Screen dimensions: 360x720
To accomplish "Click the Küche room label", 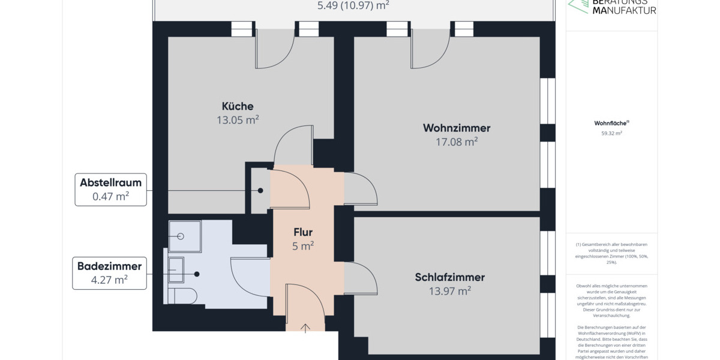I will pyautogui.click(x=238, y=106).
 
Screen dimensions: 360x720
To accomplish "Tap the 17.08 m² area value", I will pyautogui.click(x=457, y=142).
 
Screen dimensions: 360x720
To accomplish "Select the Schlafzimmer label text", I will pyautogui.click(x=449, y=277).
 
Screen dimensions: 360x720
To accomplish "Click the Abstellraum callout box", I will pyautogui.click(x=110, y=190).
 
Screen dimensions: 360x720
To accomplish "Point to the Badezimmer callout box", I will pyautogui.click(x=109, y=273).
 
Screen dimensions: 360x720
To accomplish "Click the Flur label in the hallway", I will pyautogui.click(x=303, y=232).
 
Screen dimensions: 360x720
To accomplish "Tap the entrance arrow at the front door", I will pyautogui.click(x=305, y=328).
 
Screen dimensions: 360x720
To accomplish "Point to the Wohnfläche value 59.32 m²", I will pyautogui.click(x=611, y=133).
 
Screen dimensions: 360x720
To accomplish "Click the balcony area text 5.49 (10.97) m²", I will pyautogui.click(x=353, y=6).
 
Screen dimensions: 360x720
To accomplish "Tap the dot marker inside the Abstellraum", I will pyautogui.click(x=260, y=191).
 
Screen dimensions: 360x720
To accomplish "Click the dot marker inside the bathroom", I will pyautogui.click(x=196, y=274).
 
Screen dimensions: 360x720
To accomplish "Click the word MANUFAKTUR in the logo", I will pyautogui.click(x=624, y=10).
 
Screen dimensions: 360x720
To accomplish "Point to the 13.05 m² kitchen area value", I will pyautogui.click(x=238, y=120).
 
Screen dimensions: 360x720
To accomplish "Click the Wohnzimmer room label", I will pyautogui.click(x=457, y=128).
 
